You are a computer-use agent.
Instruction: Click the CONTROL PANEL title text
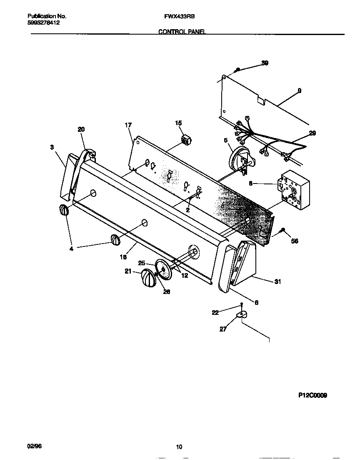point(182,32)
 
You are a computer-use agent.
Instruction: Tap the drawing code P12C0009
point(312,395)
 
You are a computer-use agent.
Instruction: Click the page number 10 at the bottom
point(179,447)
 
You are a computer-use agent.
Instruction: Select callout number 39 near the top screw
point(265,63)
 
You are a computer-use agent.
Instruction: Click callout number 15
point(178,123)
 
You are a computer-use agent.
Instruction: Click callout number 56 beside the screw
point(294,241)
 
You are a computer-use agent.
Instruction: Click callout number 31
point(277,282)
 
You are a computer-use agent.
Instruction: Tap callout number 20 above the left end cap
point(81,130)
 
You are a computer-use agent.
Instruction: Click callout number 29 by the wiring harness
point(312,133)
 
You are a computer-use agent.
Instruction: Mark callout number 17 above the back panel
point(128,125)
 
